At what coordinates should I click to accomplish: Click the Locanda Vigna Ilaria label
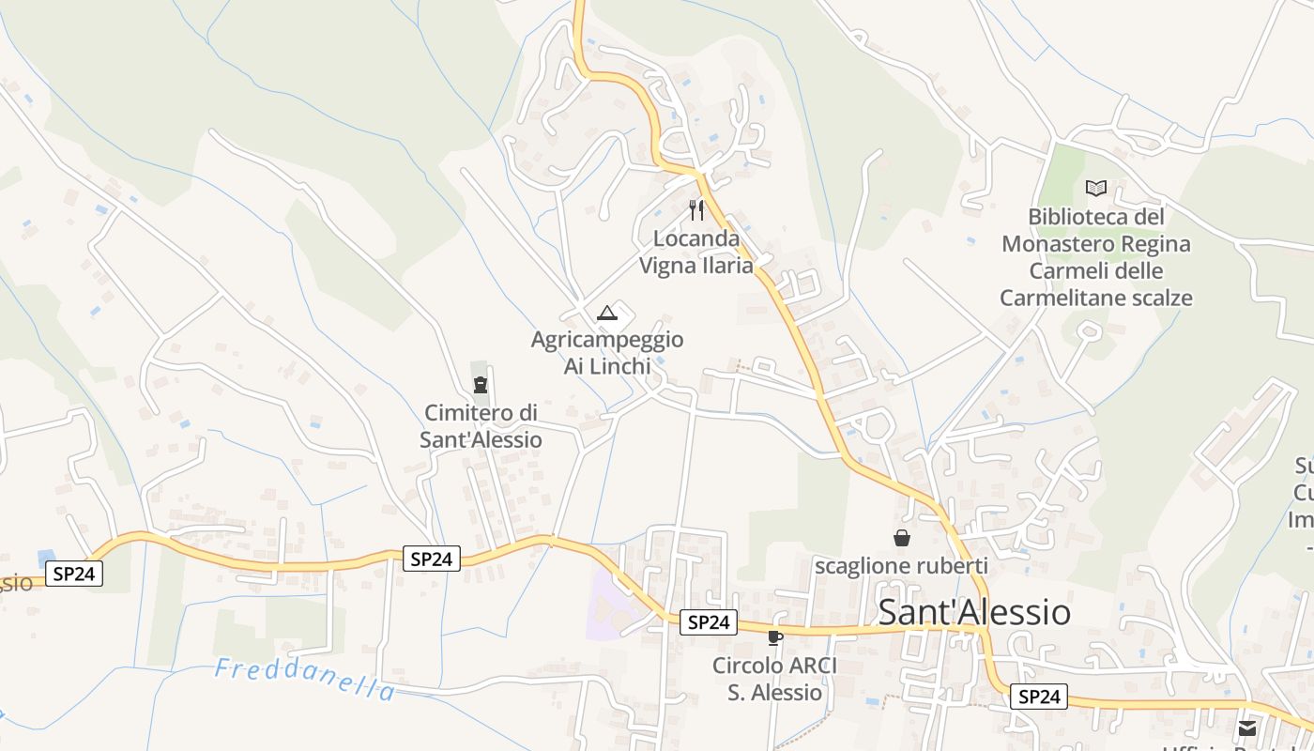[x=695, y=252]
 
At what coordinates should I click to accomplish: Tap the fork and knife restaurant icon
[x=695, y=209]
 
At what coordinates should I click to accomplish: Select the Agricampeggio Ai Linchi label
[x=606, y=352]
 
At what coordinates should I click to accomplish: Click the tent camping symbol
[x=606, y=312]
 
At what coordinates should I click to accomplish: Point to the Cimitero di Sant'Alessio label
[x=481, y=425]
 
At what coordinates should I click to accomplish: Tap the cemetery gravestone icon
[x=481, y=384]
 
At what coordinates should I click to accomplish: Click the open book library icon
[x=1095, y=188]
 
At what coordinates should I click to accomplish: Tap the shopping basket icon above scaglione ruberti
[x=901, y=538]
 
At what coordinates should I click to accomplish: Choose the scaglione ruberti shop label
[x=901, y=565]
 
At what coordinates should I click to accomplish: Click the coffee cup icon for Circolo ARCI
[x=774, y=638]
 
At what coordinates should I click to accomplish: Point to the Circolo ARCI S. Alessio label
[x=774, y=679]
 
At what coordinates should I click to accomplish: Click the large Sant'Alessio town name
[x=974, y=612]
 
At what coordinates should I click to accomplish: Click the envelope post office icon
[x=1246, y=728]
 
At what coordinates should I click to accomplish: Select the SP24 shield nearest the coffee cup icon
[x=708, y=621]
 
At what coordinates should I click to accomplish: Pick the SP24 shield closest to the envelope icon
[x=1039, y=697]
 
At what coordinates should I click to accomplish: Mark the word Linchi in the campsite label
[x=620, y=366]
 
